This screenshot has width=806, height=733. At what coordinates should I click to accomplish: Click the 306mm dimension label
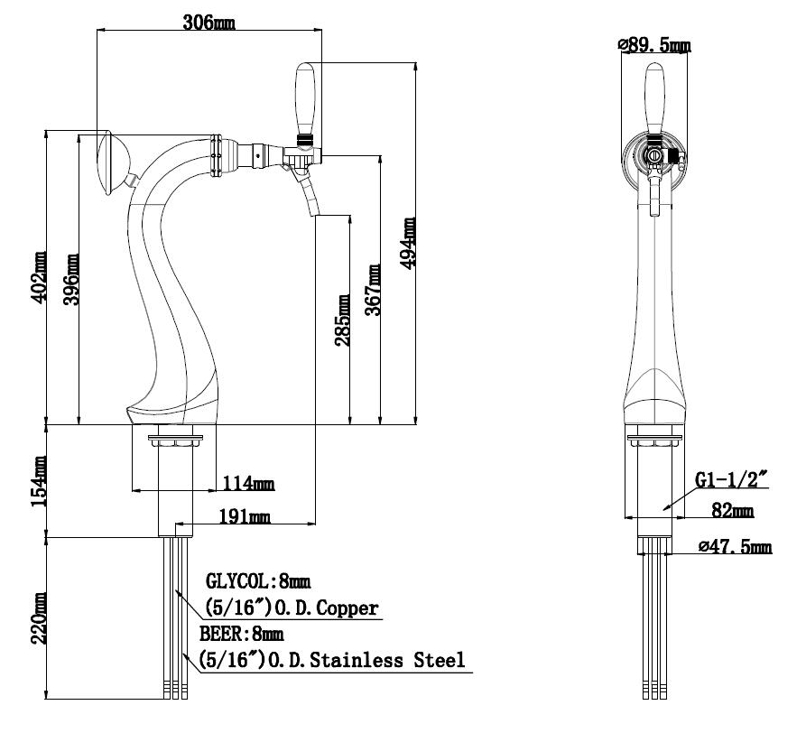click(208, 22)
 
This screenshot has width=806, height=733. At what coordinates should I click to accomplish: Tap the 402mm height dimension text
click(39, 277)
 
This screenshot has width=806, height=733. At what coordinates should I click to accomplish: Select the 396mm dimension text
click(71, 279)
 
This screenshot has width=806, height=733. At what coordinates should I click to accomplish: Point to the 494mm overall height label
click(408, 243)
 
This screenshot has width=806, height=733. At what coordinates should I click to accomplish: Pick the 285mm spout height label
click(342, 320)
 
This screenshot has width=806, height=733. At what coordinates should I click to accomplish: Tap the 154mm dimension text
click(39, 482)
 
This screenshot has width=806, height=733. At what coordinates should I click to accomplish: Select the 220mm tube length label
click(39, 618)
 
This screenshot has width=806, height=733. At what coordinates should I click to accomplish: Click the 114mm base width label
click(248, 483)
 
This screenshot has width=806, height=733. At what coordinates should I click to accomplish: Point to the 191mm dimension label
click(245, 515)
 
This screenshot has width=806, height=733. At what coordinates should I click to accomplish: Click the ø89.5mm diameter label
click(654, 45)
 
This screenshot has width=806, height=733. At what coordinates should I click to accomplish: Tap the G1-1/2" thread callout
click(731, 479)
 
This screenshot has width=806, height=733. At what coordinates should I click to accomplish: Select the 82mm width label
click(733, 510)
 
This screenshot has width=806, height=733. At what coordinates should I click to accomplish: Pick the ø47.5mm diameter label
click(735, 546)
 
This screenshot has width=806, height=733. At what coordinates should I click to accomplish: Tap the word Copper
click(347, 608)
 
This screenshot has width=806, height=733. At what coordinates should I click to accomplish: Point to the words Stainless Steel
click(387, 660)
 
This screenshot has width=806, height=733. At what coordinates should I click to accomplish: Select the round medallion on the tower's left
click(111, 162)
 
